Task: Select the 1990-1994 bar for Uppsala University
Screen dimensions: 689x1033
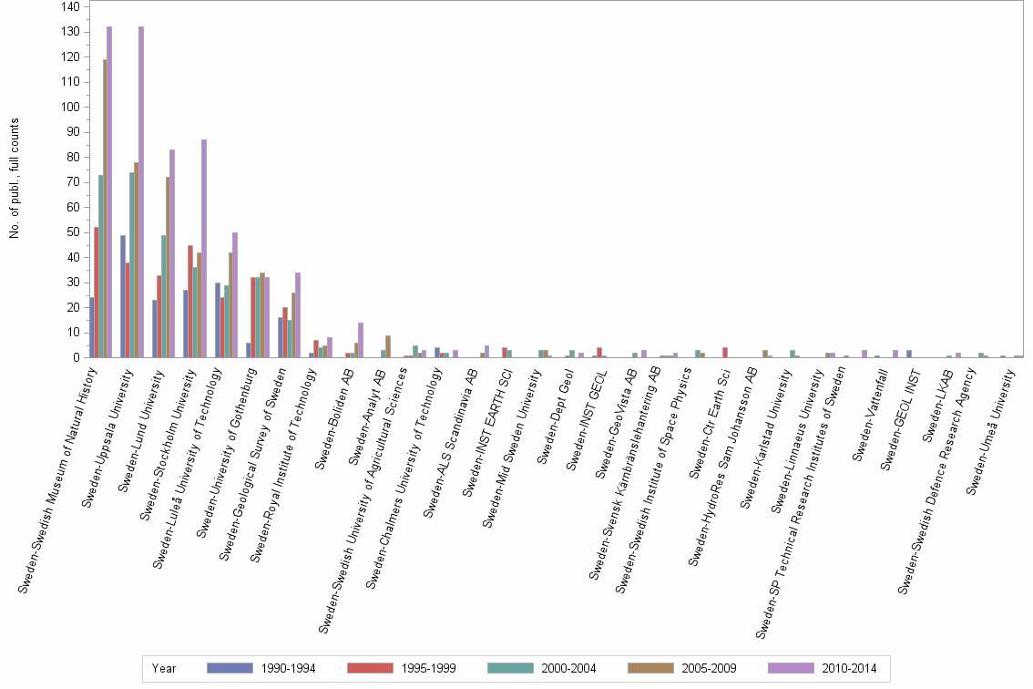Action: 123,296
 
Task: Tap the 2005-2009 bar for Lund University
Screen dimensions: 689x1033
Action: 168,267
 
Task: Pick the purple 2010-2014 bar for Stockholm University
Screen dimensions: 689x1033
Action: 204,248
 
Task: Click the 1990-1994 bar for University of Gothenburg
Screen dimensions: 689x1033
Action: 249,350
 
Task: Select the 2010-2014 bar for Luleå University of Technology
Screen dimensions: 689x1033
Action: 235,294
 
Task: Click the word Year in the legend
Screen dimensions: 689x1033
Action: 164,669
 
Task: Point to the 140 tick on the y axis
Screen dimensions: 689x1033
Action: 69,6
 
